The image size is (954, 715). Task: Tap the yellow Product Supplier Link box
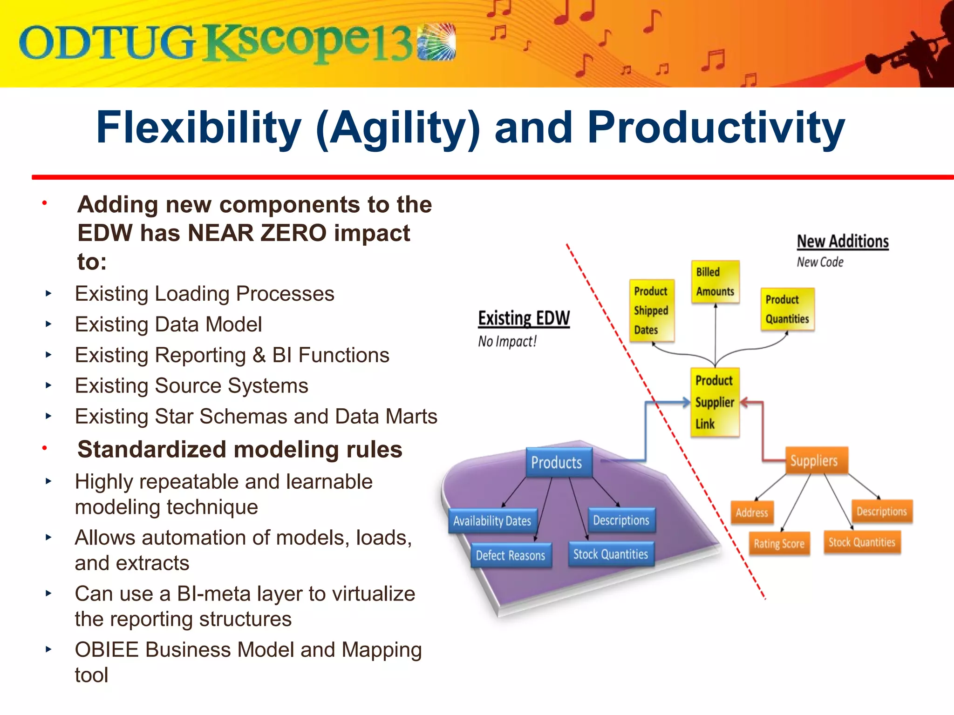point(715,402)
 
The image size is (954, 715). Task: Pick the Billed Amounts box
point(715,282)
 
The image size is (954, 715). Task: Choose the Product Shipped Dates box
point(651,310)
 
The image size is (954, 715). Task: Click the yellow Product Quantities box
point(787,310)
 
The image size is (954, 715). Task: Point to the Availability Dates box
point(492,521)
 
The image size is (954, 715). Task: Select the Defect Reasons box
point(511,555)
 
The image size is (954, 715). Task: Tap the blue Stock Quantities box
point(611,554)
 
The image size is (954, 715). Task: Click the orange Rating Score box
point(779,543)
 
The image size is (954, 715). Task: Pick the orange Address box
point(752,513)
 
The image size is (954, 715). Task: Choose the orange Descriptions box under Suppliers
point(881,511)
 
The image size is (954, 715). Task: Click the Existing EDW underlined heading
point(524,318)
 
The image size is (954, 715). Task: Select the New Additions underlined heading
point(842,242)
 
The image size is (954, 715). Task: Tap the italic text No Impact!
point(507,342)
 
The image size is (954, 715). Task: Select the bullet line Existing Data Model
point(168,324)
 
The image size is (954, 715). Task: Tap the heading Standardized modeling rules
point(239,450)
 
